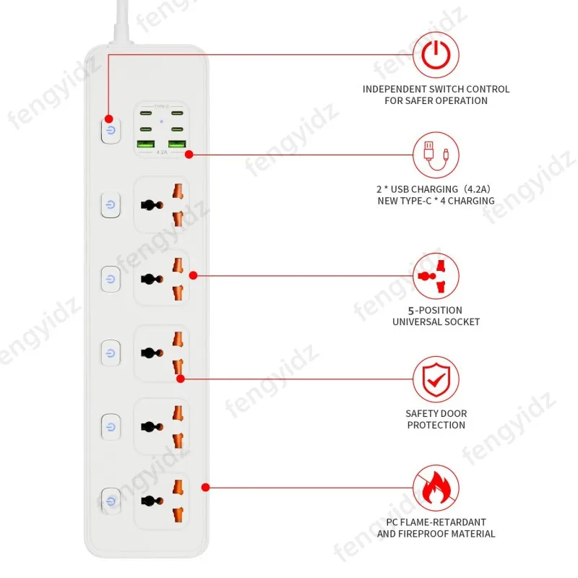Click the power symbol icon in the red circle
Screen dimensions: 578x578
(x=436, y=55)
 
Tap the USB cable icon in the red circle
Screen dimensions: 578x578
(x=436, y=155)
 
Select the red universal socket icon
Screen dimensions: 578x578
(x=436, y=276)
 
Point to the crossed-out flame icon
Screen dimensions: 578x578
(x=436, y=488)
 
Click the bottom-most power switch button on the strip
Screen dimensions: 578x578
(x=111, y=501)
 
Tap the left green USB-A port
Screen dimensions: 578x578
(x=146, y=144)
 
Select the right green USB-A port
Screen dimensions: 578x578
(x=177, y=144)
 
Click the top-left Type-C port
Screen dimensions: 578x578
(x=146, y=113)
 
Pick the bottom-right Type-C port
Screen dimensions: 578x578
(x=177, y=129)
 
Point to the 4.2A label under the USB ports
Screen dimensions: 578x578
(x=162, y=152)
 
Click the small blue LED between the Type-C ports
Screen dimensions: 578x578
(x=161, y=121)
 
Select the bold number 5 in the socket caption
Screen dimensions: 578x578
(x=411, y=311)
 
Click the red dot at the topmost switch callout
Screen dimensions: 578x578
(x=108, y=118)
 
